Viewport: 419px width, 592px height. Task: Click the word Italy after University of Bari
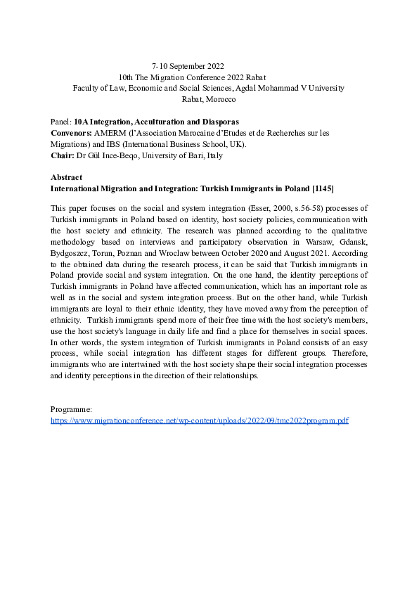(x=214, y=155)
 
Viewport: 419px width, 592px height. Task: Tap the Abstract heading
(x=67, y=178)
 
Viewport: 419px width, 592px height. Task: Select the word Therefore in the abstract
(x=343, y=354)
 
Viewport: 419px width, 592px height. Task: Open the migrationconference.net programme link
(x=200, y=420)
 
